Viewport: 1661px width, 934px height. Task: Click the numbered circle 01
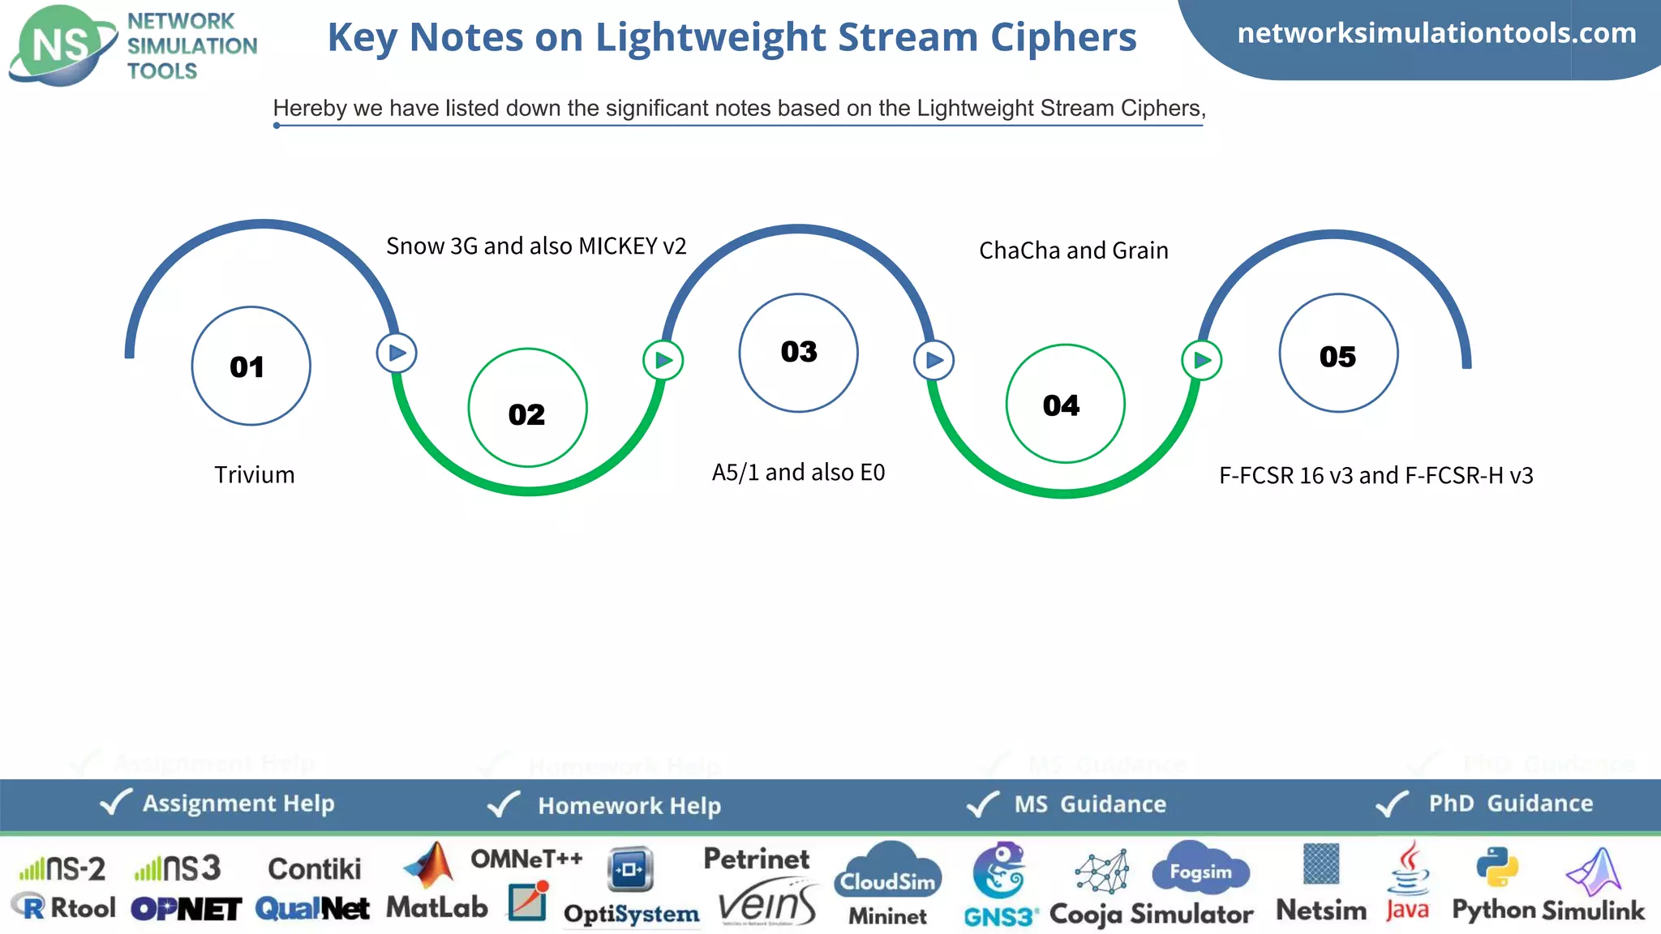[x=251, y=366]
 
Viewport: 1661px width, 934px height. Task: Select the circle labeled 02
[x=527, y=408]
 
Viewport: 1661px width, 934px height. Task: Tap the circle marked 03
[x=798, y=353]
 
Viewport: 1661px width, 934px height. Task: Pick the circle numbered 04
[x=1065, y=404]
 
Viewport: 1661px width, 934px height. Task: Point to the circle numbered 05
[x=1338, y=353]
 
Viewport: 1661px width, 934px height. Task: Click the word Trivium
[x=254, y=475]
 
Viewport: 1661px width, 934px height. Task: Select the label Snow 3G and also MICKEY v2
[x=536, y=246]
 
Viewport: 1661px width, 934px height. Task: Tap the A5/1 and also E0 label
[x=798, y=473]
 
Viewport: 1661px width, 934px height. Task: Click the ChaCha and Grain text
[x=1073, y=251]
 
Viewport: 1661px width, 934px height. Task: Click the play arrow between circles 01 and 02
[x=397, y=353]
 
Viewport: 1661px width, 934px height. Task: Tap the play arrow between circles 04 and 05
[x=1201, y=360]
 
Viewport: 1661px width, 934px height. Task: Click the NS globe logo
[x=62, y=45]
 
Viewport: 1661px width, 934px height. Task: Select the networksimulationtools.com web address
[x=1436, y=33]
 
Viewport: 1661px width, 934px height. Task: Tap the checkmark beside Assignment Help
[x=115, y=803]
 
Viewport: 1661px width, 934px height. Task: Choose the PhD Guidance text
[x=1510, y=803]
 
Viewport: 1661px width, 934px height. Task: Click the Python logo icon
[x=1496, y=867]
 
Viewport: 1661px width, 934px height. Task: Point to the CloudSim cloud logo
[x=887, y=872]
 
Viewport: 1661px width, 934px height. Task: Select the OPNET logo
[x=186, y=909]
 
